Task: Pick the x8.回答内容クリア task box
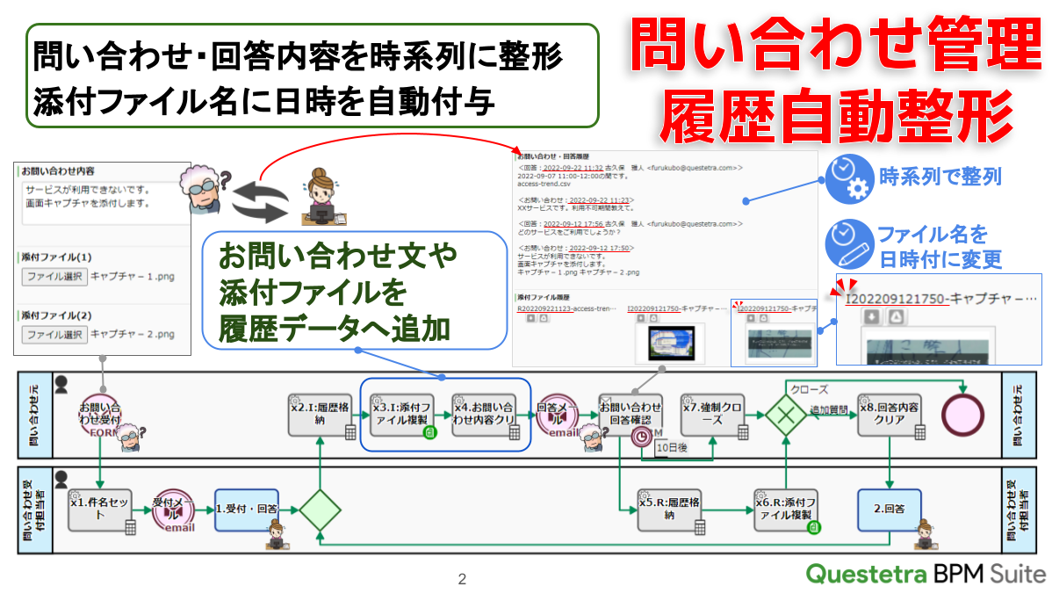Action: [890, 414]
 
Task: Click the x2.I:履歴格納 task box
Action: [322, 414]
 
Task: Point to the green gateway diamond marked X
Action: [785, 414]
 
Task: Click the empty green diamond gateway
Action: [321, 509]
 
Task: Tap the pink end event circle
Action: [963, 413]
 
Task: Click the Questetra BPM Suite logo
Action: [926, 574]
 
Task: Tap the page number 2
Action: [462, 579]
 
